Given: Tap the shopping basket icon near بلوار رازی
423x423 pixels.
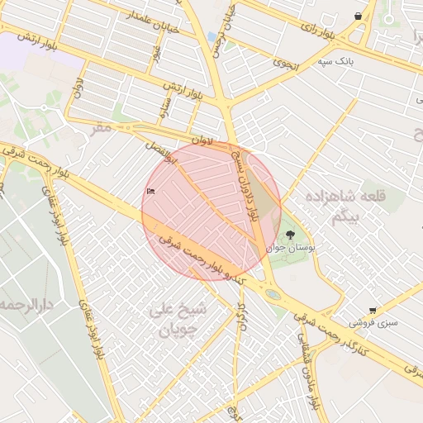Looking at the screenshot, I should (358, 16).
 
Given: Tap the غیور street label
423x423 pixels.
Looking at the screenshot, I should (156, 52).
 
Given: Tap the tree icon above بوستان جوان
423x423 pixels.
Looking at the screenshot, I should (288, 235).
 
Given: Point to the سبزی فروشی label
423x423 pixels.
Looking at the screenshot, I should (373, 323).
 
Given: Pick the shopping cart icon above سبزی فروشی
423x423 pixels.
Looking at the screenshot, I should (373, 310).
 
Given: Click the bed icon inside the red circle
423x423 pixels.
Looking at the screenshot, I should (150, 192).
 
